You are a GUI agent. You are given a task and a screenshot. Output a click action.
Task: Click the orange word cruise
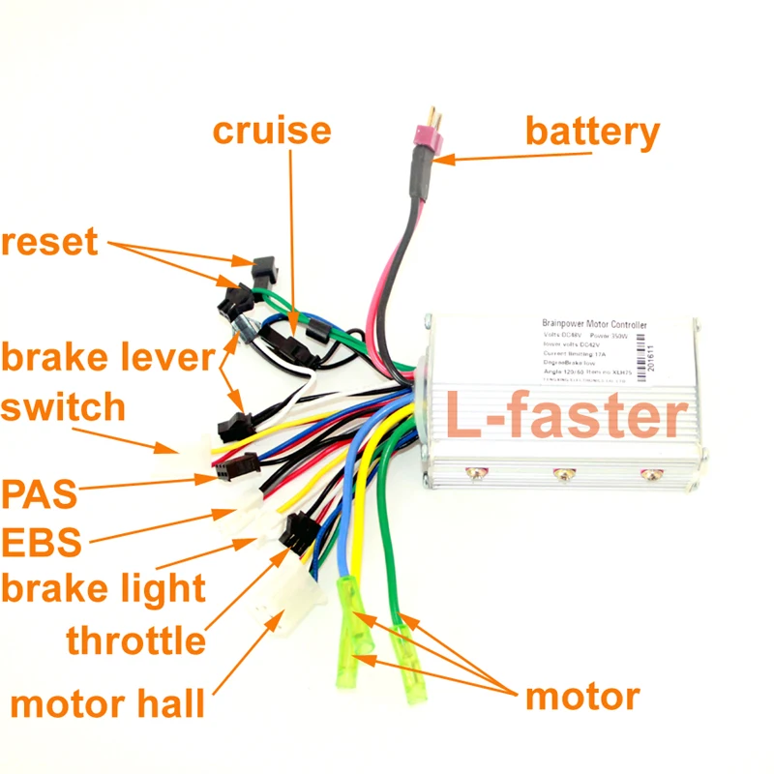[x=272, y=131]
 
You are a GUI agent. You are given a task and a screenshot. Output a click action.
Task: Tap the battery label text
[x=592, y=131]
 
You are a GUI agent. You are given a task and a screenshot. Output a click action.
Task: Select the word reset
[x=49, y=242]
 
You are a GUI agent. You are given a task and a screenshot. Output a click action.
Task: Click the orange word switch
[x=63, y=406]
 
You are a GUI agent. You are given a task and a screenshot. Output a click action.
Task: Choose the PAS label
[x=40, y=494]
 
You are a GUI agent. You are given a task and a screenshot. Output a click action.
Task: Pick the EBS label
[x=41, y=542]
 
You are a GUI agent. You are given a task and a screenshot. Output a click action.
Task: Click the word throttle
[x=135, y=640]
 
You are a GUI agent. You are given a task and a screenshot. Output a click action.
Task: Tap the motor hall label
[x=107, y=703]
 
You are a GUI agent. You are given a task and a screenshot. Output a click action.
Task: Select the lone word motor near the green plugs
[x=581, y=696]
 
